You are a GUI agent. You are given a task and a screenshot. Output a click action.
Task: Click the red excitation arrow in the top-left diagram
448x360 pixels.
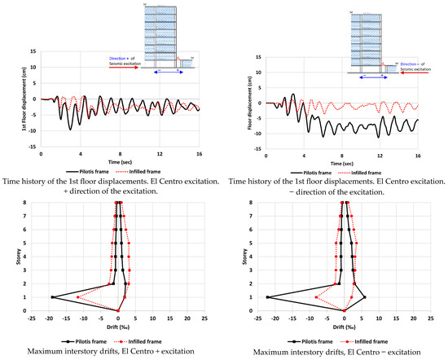pos(123,67)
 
